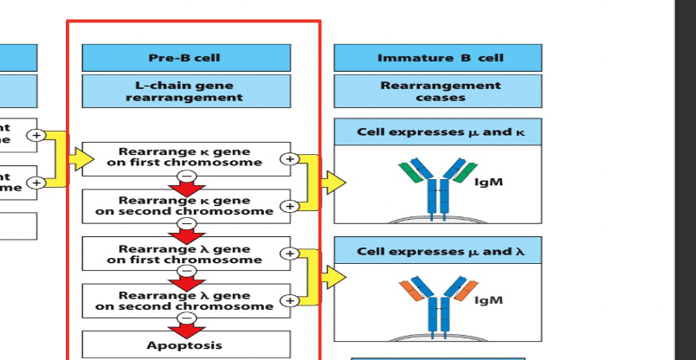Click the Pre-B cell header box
[x=186, y=58]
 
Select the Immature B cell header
[x=438, y=58]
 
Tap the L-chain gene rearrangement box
[x=186, y=91]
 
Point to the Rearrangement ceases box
[x=438, y=91]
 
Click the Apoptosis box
[x=186, y=344]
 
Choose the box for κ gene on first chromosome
[x=186, y=157]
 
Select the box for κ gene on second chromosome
[x=186, y=205]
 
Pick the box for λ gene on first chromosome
[x=186, y=254]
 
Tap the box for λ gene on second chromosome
[x=186, y=300]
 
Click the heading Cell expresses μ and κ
[x=438, y=132]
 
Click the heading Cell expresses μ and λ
[x=438, y=251]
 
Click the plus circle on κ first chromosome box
[x=289, y=159]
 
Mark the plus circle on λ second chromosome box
[x=289, y=301]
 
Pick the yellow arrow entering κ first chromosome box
[x=81, y=158]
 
